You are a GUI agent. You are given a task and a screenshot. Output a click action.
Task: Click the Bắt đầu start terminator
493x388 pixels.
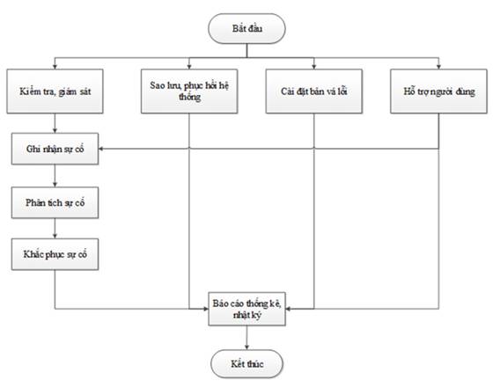[x=246, y=28]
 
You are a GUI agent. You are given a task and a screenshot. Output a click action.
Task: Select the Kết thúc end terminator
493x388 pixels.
[x=246, y=364]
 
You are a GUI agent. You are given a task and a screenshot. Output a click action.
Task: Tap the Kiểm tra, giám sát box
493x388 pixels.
[x=55, y=92]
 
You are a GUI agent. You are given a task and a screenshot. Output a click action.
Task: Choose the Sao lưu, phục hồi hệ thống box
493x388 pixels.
[x=189, y=92]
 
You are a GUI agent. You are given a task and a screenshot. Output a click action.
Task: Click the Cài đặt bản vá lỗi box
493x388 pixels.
[x=314, y=92]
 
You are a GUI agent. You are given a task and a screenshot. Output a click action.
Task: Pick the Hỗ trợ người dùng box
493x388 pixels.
[x=438, y=92]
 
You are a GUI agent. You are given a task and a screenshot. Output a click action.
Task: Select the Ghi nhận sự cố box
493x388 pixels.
[x=55, y=149]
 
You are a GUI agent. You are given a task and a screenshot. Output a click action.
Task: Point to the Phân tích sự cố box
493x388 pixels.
[x=55, y=202]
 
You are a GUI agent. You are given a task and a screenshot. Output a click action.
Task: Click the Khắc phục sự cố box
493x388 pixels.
[x=55, y=254]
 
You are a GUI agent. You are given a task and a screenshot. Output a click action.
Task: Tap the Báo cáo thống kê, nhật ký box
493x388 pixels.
[x=246, y=309]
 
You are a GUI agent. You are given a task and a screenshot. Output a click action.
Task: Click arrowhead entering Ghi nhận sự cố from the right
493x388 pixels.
[x=101, y=149]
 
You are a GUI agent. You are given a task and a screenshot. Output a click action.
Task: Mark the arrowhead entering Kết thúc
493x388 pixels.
[x=246, y=347]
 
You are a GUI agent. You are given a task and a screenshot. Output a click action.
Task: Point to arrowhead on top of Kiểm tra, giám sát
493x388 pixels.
[x=55, y=67]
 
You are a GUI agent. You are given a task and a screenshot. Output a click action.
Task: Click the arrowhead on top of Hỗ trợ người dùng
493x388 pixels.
[x=438, y=67]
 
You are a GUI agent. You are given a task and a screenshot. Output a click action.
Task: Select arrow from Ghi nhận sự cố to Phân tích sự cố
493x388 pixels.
[x=55, y=176]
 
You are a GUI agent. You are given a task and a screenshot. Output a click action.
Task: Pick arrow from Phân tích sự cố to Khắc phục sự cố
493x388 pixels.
[x=55, y=229]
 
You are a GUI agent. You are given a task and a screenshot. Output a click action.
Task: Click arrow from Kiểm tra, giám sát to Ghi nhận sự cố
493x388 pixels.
[x=55, y=123]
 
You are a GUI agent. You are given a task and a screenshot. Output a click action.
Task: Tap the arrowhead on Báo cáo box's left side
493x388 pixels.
[x=206, y=309]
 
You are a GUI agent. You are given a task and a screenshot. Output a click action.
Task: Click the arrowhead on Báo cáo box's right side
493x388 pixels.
[x=289, y=309]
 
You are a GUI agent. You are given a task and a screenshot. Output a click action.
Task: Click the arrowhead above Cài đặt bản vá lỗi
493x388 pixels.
[x=314, y=67]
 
